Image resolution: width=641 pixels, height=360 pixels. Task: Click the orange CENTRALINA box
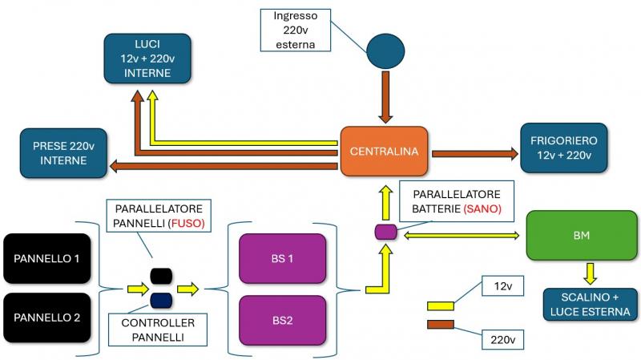pos(385,151)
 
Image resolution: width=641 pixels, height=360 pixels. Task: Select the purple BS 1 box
pos(282,258)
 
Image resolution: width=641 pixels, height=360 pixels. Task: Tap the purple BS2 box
pos(282,319)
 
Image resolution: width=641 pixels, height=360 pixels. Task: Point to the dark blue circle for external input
pos(385,51)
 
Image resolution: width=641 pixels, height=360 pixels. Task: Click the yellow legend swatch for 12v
pos(441,305)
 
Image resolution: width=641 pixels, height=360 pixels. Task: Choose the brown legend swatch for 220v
pos(441,325)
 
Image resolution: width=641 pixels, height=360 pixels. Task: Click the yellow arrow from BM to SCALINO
pos(589,273)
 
